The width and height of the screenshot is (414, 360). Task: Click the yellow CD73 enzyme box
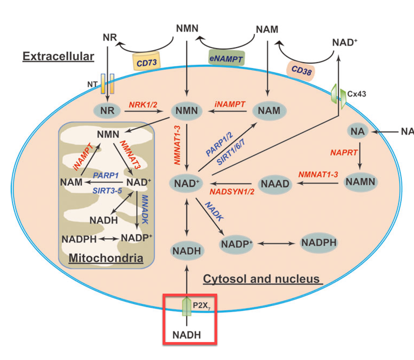pyautogui.click(x=146, y=62)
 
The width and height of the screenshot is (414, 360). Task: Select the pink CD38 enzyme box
pyautogui.click(x=300, y=70)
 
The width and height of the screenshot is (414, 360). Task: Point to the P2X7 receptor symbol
pyautogui.click(x=186, y=307)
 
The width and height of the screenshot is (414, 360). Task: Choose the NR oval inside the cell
pyautogui.click(x=107, y=110)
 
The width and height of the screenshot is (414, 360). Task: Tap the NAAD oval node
pyautogui.click(x=275, y=184)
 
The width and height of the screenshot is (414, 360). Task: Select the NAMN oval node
pyautogui.click(x=360, y=182)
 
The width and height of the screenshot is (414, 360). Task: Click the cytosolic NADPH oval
pyautogui.click(x=319, y=243)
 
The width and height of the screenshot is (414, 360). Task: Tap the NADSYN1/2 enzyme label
pyautogui.click(x=232, y=191)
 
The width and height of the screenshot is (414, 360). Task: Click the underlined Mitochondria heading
pyautogui.click(x=106, y=258)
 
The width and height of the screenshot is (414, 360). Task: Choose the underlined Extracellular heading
pyautogui.click(x=58, y=56)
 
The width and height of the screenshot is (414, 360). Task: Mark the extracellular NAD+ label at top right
pyautogui.click(x=344, y=42)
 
